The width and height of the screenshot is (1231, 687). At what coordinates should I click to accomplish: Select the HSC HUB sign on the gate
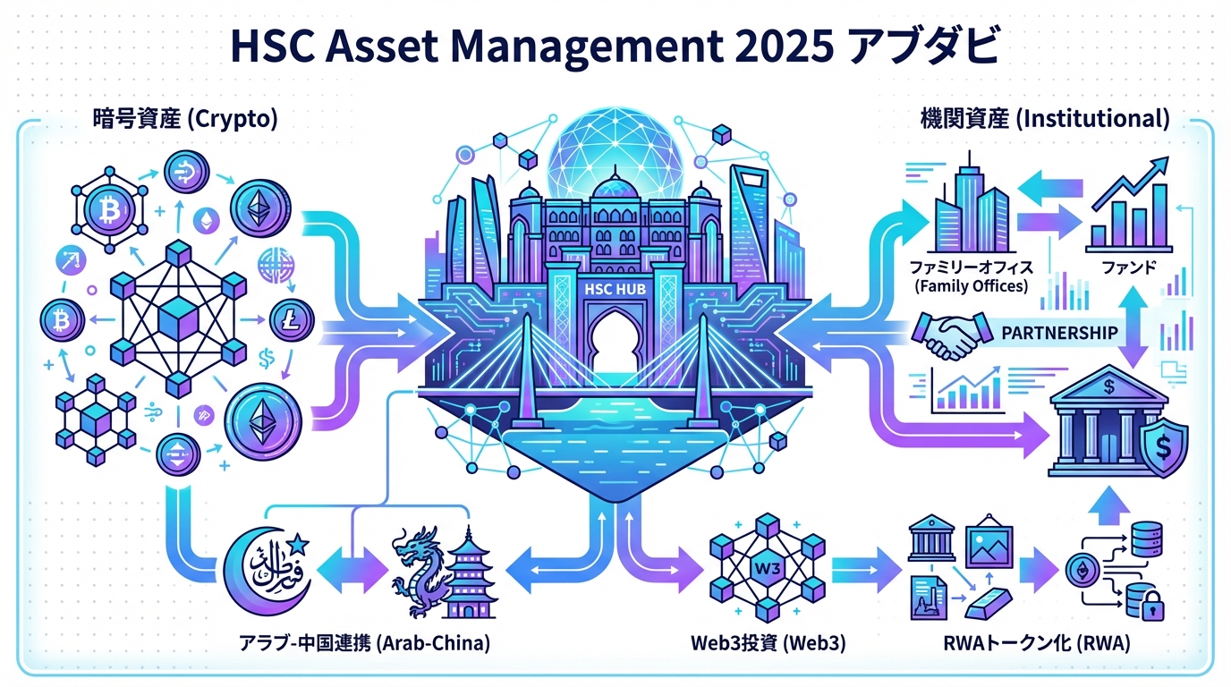tap(614, 290)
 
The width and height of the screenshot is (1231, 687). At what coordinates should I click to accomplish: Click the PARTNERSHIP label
tap(1060, 333)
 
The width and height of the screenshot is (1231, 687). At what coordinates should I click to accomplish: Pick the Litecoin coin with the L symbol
tap(290, 318)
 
